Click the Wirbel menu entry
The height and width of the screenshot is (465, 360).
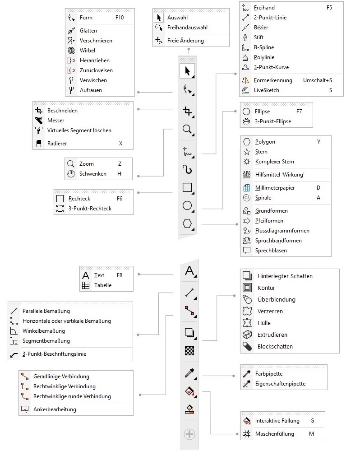click(x=88, y=51)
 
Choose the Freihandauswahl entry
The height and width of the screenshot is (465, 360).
click(x=187, y=28)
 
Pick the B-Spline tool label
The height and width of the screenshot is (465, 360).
click(x=264, y=47)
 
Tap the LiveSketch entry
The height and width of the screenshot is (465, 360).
click(x=267, y=90)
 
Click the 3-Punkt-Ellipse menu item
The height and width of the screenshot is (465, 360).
click(x=273, y=121)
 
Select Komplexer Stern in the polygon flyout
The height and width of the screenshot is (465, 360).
click(x=274, y=162)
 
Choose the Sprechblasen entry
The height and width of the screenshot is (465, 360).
click(x=271, y=251)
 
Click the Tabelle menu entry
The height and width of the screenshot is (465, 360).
click(x=103, y=285)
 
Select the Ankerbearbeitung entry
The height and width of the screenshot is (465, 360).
click(x=55, y=409)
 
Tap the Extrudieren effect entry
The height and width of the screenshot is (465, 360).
click(x=272, y=335)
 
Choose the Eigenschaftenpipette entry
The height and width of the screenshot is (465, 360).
click(x=280, y=384)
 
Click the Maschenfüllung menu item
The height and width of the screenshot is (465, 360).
click(x=274, y=434)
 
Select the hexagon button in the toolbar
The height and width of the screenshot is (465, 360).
click(x=187, y=223)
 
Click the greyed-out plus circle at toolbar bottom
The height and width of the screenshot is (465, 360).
click(x=189, y=434)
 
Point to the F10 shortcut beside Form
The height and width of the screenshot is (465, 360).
click(x=120, y=18)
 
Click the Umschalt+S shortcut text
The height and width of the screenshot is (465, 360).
click(x=318, y=80)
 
